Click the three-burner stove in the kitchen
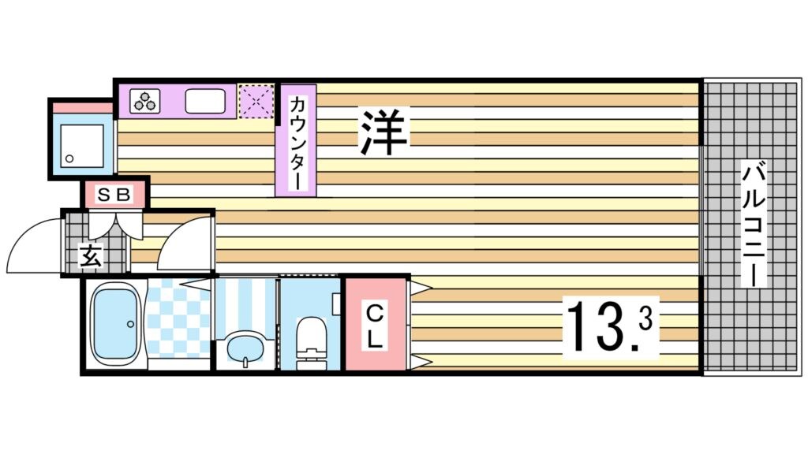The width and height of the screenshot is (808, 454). (145, 101)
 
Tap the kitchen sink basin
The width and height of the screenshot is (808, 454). (206, 101)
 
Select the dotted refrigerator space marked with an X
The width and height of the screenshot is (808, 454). (256, 101)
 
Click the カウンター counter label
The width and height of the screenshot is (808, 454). (297, 142)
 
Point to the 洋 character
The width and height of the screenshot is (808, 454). (384, 132)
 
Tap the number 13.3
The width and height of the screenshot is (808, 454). (608, 326)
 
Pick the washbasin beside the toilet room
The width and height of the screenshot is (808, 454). (245, 347)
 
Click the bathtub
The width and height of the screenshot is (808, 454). (115, 323)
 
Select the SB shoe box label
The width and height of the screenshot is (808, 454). (115, 194)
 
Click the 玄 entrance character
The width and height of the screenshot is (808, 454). (89, 255)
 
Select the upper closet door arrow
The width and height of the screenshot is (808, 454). (419, 286)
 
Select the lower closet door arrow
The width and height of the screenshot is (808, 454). (419, 362)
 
